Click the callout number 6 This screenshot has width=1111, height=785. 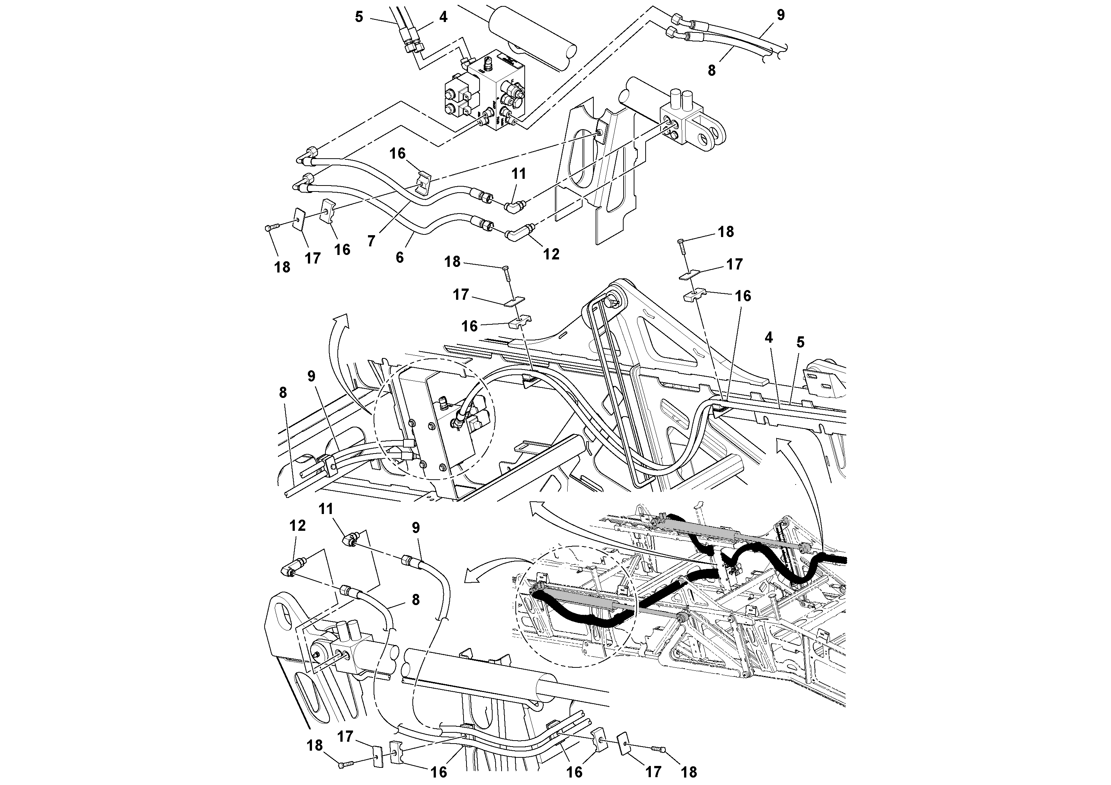(399, 257)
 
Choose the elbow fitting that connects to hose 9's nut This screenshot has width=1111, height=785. (350, 540)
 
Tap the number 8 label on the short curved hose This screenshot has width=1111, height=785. (416, 599)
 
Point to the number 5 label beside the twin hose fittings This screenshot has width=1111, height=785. (359, 17)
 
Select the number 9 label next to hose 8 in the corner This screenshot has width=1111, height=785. (780, 15)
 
